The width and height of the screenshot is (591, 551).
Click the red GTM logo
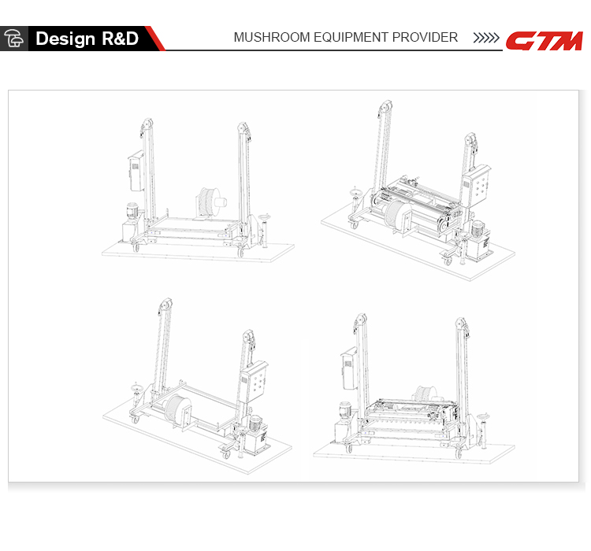[x=545, y=41]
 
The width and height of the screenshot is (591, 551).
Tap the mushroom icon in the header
[x=13, y=39]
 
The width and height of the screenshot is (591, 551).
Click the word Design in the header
[x=65, y=39]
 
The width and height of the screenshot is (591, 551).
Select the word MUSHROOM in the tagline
[x=272, y=37]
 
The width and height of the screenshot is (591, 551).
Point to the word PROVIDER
[x=425, y=37]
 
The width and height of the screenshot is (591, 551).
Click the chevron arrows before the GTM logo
[x=486, y=38]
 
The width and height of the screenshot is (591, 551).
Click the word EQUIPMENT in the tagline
[x=351, y=37]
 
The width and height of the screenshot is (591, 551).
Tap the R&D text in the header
[x=121, y=39]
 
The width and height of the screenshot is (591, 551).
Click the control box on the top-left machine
[x=136, y=172]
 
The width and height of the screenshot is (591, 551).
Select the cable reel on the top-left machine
[x=211, y=202]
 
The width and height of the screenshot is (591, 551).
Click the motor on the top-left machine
[x=132, y=211]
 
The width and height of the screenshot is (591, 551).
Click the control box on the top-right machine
[x=477, y=186]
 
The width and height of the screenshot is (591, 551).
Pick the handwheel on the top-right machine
[x=355, y=193]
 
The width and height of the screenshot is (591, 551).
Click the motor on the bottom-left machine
[x=256, y=424]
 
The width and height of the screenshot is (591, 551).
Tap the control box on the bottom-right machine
[x=349, y=369]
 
